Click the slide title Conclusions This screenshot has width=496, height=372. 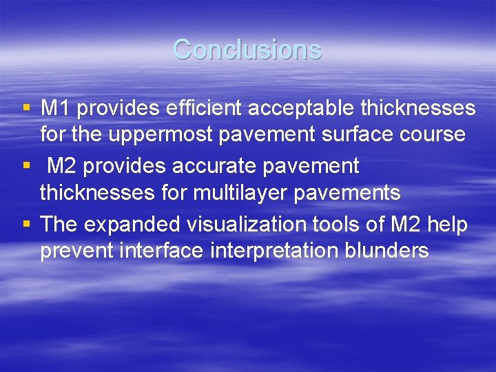tap(247, 50)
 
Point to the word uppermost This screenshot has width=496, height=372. tap(161, 134)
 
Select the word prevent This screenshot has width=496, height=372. tap(76, 250)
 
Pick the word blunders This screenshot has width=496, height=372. tap(385, 250)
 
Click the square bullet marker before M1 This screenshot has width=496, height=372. tap(26, 108)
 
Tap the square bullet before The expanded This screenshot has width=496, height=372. tap(26, 224)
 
